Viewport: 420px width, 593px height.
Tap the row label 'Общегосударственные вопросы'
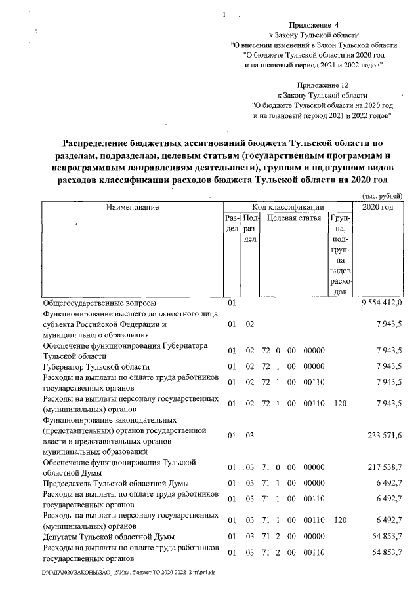pyautogui.click(x=99, y=304)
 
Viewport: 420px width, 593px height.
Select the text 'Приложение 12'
pyautogui.click(x=322, y=85)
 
